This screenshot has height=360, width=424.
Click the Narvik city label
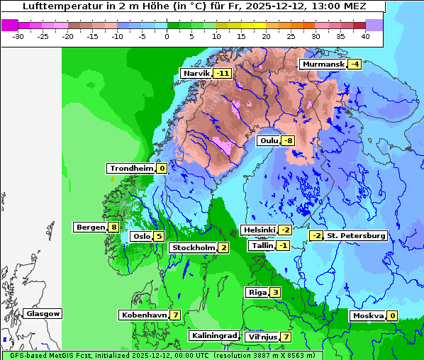pyautogui.click(x=196, y=73)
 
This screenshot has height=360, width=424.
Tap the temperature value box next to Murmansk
pyautogui.click(x=355, y=64)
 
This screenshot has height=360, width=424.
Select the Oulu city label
pyautogui.click(x=269, y=140)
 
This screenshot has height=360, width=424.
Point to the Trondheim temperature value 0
pyautogui.click(x=162, y=168)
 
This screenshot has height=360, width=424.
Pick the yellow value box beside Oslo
pyautogui.click(x=160, y=236)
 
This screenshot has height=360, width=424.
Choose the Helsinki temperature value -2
pyautogui.click(x=284, y=230)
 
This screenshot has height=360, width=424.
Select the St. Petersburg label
pyautogui.click(x=356, y=235)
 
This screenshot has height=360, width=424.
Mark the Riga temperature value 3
pyautogui.click(x=275, y=292)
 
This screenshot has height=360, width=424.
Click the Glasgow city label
pyautogui.click(x=43, y=313)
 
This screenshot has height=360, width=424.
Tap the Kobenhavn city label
pyautogui.click(x=143, y=315)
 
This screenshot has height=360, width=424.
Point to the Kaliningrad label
pyautogui.click(x=214, y=335)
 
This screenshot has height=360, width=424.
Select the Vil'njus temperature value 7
pyautogui.click(x=286, y=337)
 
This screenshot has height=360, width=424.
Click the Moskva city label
pyautogui.click(x=368, y=315)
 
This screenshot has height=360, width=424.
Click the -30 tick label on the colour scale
pyautogui.click(x=19, y=35)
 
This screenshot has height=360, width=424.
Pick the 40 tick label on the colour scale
pyautogui.click(x=365, y=35)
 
